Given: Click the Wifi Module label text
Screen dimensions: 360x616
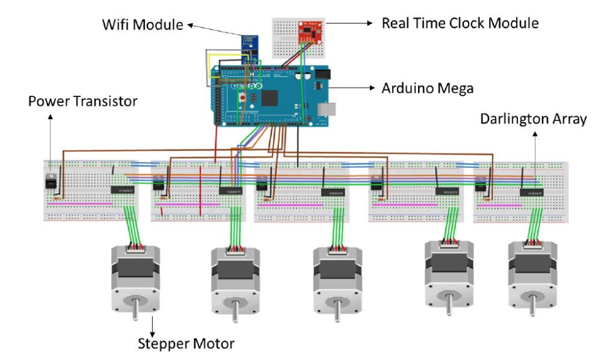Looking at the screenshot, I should pyautogui.click(x=141, y=25).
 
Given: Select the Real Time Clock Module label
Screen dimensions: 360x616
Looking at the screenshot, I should pyautogui.click(x=460, y=23).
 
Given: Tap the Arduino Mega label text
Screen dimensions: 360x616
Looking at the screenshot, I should pyautogui.click(x=428, y=88).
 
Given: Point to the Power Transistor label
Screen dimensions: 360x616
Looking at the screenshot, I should pyautogui.click(x=82, y=101).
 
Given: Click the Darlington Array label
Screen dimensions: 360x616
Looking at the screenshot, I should pyautogui.click(x=533, y=119).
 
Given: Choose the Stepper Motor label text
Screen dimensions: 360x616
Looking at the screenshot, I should pyautogui.click(x=186, y=344).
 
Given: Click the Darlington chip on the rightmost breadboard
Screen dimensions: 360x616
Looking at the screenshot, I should pyautogui.click(x=532, y=192).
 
